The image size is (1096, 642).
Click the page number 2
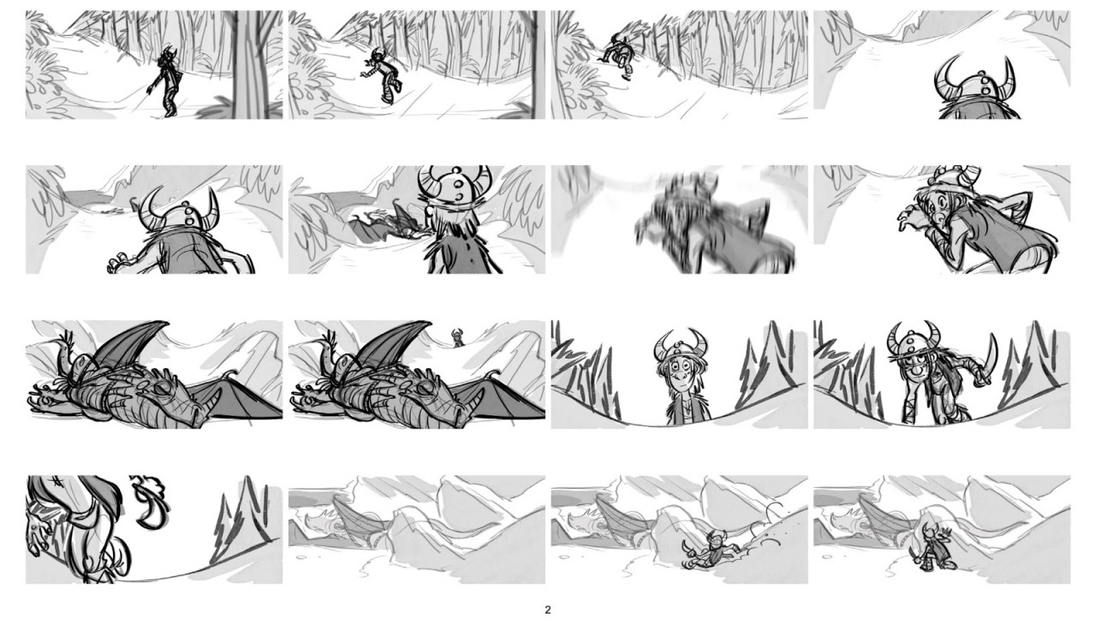pyautogui.click(x=547, y=609)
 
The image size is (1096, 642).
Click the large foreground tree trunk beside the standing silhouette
pyautogui.click(x=249, y=64)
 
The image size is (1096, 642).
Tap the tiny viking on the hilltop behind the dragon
pyautogui.click(x=457, y=337)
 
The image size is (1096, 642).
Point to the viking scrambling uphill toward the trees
pyautogui.click(x=616, y=56)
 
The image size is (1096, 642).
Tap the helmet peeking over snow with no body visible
pyautogui.click(x=976, y=91)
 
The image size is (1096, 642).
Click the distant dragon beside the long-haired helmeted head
pyautogui.click(x=386, y=228)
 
